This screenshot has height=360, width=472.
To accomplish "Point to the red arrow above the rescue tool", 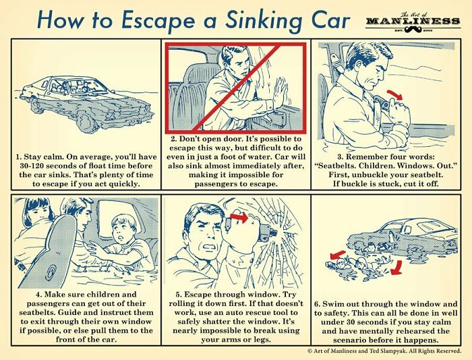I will [x=239, y=217].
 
